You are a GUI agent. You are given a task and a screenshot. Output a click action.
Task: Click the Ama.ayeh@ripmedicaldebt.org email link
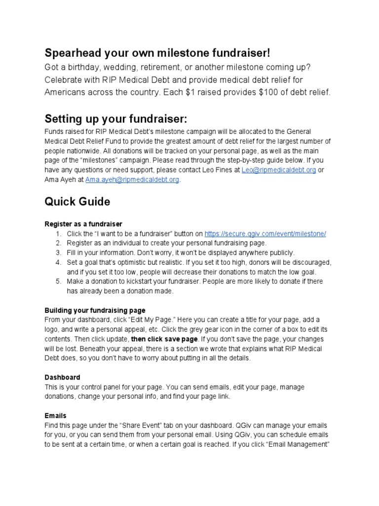click(132, 179)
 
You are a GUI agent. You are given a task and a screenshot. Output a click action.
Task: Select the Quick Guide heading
click(77, 202)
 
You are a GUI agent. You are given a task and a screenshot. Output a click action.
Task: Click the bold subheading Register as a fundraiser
click(83, 224)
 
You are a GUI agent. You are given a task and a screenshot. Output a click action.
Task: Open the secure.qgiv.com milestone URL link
click(265, 234)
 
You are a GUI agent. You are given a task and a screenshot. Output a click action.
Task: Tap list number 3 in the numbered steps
click(58, 253)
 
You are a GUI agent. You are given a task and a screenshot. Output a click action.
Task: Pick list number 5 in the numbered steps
click(58, 281)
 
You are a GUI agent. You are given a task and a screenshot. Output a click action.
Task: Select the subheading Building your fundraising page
click(95, 310)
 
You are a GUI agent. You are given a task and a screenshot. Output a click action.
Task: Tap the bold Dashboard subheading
click(62, 377)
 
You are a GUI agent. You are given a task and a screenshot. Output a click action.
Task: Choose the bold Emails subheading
click(55, 416)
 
